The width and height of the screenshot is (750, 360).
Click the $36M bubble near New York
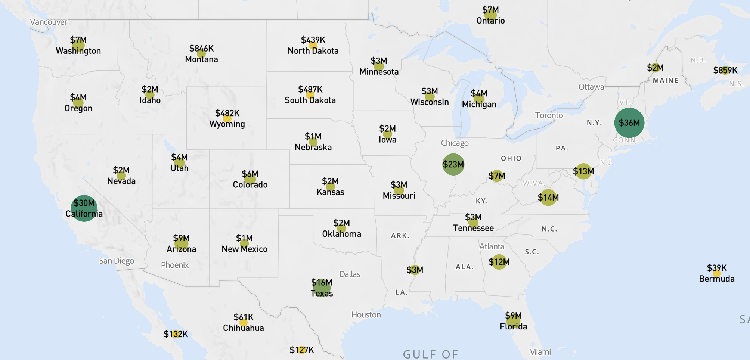[629, 123]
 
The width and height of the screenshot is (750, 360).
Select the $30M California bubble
[84, 208]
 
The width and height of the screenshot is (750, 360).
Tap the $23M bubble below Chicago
[453, 164]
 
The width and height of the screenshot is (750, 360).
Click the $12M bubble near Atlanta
[499, 262]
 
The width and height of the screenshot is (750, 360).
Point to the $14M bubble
[548, 198]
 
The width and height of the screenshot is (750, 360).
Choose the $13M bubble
[583, 171]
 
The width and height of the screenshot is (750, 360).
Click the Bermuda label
[716, 279]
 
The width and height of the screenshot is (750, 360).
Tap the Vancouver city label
[49, 22]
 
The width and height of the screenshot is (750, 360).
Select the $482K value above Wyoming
[227, 113]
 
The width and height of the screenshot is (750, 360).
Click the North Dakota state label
[313, 51]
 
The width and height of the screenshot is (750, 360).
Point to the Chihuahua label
[243, 328]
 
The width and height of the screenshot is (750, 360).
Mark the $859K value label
[725, 70]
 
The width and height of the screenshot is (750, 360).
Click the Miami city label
[540, 352]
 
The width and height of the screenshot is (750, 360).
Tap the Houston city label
[366, 315]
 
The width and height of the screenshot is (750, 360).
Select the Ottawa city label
[591, 87]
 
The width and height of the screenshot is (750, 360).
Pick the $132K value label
[176, 334]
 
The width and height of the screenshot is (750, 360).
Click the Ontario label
[490, 21]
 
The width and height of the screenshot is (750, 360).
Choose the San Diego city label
[117, 261]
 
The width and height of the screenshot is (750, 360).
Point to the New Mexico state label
[244, 249]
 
